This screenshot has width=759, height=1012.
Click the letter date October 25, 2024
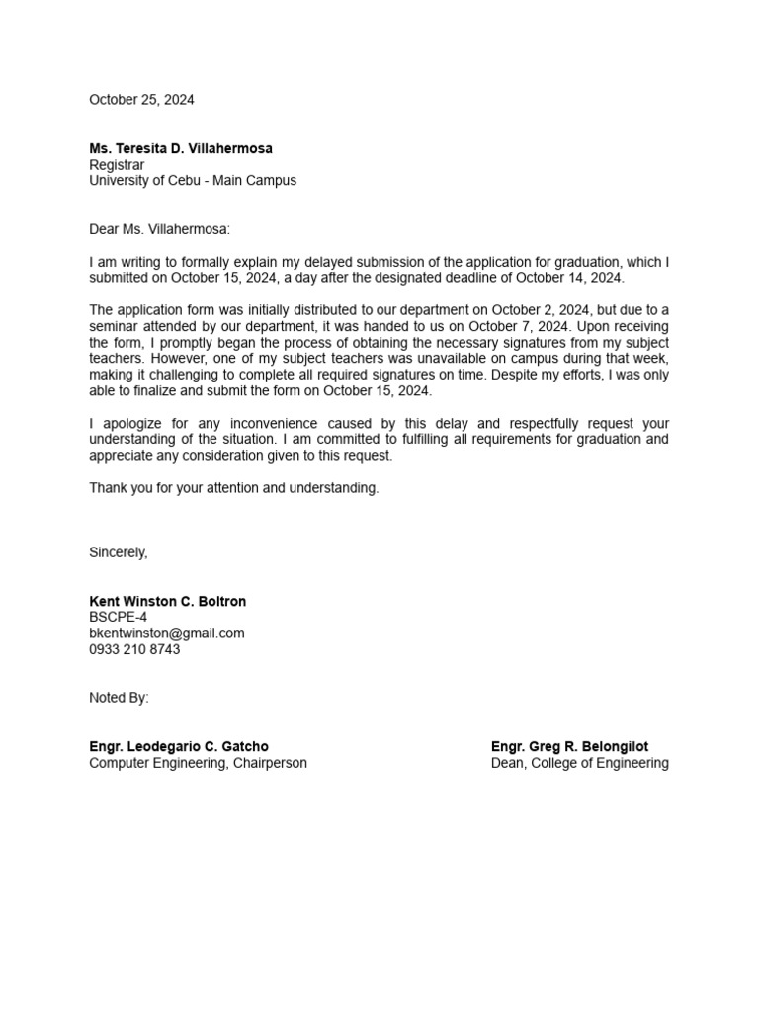tap(141, 100)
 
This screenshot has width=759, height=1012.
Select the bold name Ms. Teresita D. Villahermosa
tap(181, 148)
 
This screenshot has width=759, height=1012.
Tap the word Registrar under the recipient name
tap(117, 165)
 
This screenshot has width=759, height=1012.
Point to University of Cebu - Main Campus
tap(193, 181)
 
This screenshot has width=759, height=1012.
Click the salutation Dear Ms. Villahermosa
tap(159, 229)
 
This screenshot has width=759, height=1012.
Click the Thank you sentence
tap(234, 488)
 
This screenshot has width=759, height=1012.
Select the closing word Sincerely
tap(119, 552)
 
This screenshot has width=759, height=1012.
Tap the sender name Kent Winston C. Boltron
tap(168, 601)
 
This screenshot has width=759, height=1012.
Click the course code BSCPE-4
tap(119, 617)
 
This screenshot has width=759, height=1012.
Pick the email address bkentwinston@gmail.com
tap(167, 633)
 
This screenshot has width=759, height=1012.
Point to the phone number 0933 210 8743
tap(134, 649)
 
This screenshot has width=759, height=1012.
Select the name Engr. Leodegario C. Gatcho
tap(179, 746)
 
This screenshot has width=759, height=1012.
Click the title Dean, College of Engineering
tap(579, 763)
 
